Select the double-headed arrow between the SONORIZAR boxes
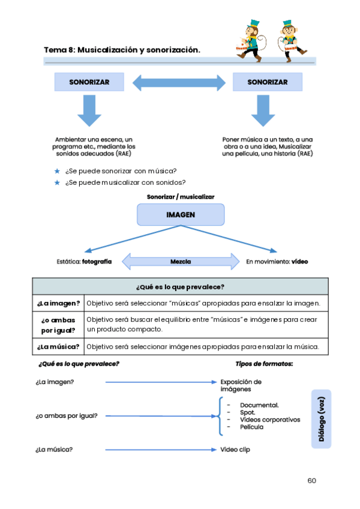(179, 82)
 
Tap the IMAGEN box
(181, 214)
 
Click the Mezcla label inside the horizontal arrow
(180, 262)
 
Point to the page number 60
(311, 480)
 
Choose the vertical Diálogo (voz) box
(322, 419)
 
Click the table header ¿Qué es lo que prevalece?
(181, 286)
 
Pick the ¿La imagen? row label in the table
(59, 303)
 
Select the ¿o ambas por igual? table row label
(59, 325)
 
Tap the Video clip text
(235, 449)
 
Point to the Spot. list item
(248, 412)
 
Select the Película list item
(252, 427)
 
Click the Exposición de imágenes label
(241, 385)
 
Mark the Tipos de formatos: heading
(264, 364)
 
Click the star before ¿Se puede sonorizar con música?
(57, 171)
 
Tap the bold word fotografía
(97, 262)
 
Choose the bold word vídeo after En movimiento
(300, 262)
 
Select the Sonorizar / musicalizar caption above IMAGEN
(181, 196)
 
